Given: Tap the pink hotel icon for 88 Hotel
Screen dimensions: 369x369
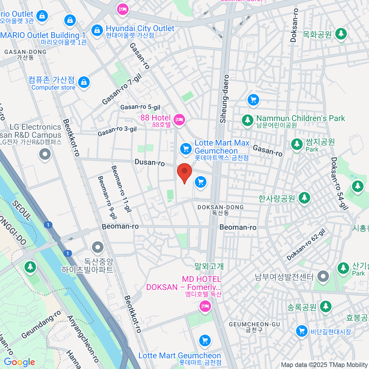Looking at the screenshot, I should pyautogui.click(x=179, y=120).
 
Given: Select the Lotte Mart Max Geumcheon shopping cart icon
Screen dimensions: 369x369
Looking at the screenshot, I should pyautogui.click(x=186, y=149).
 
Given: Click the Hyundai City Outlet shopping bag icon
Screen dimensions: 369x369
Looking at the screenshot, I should pyautogui.click(x=97, y=30).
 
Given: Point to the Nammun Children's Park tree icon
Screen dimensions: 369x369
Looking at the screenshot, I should pyautogui.click(x=247, y=120).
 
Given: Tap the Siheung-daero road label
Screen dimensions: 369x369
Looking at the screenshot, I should pyautogui.click(x=225, y=99).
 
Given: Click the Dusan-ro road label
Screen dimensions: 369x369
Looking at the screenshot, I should pyautogui.click(x=150, y=162).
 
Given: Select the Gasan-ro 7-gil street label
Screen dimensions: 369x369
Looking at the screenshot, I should pyautogui.click(x=122, y=89).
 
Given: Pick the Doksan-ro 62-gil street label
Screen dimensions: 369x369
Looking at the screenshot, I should pyautogui.click(x=306, y=245).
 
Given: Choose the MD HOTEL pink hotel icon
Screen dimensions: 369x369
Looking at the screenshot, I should pyautogui.click(x=205, y=306).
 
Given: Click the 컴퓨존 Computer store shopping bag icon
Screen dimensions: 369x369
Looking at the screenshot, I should pyautogui.click(x=84, y=82).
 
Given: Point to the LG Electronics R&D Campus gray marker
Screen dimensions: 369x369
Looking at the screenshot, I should pyautogui.click(x=45, y=154).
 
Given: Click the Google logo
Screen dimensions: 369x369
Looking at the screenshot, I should pyautogui.click(x=20, y=362).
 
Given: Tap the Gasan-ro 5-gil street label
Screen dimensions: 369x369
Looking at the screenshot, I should pyautogui.click(x=140, y=107).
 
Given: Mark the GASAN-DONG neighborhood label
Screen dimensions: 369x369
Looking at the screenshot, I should pyautogui.click(x=25, y=54).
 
